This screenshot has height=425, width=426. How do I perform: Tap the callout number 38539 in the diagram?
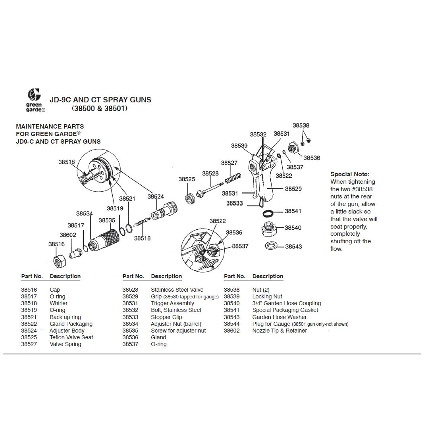tap(239, 146)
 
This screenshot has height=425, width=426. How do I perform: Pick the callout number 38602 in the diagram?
tap(67, 235)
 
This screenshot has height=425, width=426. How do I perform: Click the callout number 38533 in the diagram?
tap(235, 203)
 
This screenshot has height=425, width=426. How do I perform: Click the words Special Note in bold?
tap(349, 174)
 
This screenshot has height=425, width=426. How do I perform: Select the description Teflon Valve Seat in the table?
tap(71, 337)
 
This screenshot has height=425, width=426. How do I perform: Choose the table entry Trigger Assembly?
tap(172, 304)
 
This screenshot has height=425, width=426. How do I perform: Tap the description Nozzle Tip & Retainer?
tap(280, 331)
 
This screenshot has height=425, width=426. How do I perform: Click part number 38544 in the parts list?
tap(232, 324)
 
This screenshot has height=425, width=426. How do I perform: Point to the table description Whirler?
tap(59, 304)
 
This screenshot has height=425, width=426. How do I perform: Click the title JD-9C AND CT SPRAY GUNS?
tap(100, 100)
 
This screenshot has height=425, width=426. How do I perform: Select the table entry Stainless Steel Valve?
tap(177, 290)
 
